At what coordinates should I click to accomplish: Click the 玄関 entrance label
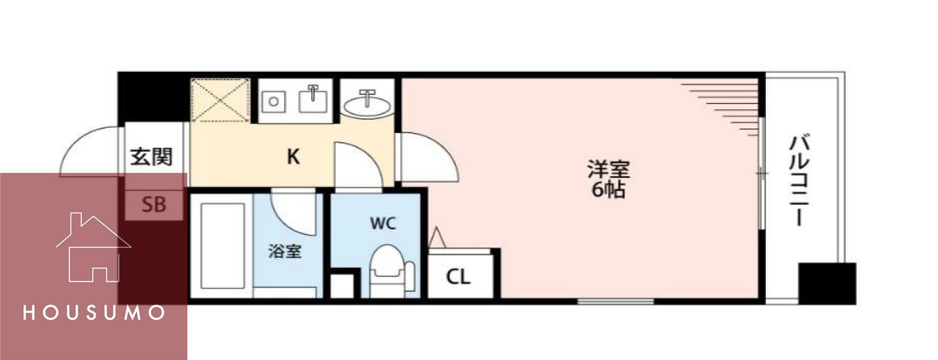point(151,158)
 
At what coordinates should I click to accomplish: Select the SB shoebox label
point(154,206)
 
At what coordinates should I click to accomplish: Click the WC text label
point(382,224)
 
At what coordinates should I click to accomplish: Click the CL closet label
point(458,278)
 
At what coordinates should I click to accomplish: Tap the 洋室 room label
point(608,169)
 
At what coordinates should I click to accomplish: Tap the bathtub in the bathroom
point(221,247)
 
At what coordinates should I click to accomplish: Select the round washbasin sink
point(367,104)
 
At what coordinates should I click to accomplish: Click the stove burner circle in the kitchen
point(272,102)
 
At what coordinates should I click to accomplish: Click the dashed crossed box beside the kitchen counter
point(220,101)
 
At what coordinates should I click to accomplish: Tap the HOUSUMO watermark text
point(94,313)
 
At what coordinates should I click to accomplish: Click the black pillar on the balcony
point(827,283)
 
